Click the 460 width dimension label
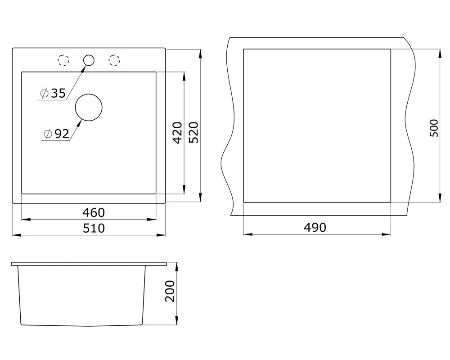point(94,213)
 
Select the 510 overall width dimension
point(94,228)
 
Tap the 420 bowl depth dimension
point(178,133)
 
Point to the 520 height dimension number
point(193,133)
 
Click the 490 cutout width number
point(315,228)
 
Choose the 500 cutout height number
point(434,128)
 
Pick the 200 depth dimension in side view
point(170,291)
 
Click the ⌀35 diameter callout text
point(53,93)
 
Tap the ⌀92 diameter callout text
point(57,134)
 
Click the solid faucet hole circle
point(89,60)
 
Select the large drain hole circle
point(89,108)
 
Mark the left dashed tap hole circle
point(63,60)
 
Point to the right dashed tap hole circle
point(114,60)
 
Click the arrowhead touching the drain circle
point(80,122)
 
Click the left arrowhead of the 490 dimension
point(248,234)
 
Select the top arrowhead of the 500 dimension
point(440,54)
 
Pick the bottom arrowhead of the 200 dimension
point(177,320)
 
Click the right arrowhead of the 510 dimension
point(161,235)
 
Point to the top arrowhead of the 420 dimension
point(184,76)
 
